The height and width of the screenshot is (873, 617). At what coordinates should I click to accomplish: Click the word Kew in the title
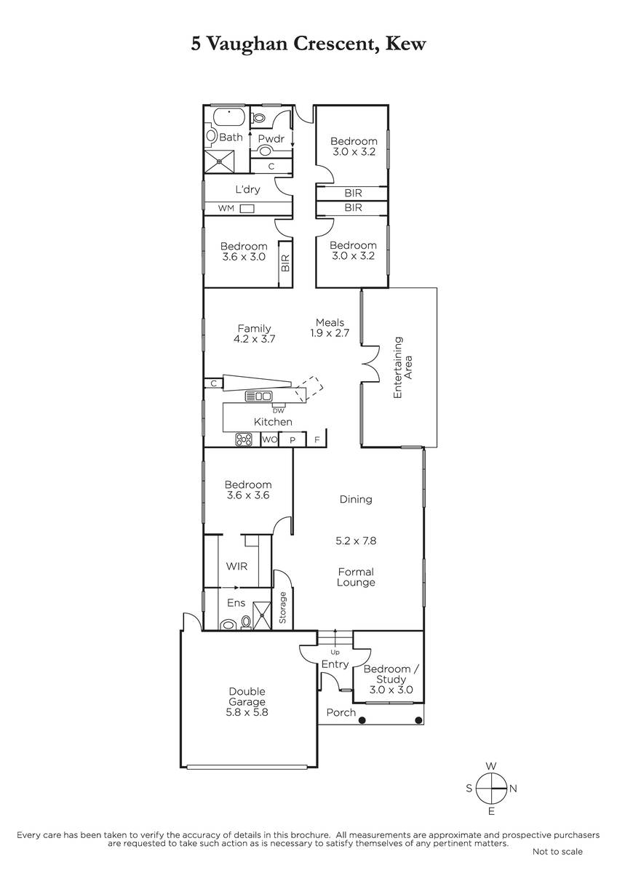pos(405,44)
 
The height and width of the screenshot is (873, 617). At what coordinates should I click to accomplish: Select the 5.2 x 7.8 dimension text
pos(356,541)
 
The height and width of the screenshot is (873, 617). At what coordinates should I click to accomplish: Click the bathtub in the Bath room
pos(230,116)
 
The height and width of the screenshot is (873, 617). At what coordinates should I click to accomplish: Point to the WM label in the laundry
pos(226,208)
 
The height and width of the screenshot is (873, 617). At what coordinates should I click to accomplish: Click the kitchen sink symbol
pos(258,396)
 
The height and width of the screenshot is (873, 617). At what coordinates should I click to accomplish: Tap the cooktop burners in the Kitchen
pos(244,439)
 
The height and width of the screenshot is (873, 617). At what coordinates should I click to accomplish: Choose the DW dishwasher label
pos(278,411)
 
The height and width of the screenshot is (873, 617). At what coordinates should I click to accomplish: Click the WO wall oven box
pos(269,439)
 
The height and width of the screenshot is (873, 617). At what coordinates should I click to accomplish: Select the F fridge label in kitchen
pos(317,440)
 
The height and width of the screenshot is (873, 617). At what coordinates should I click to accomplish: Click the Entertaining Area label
pos(402,367)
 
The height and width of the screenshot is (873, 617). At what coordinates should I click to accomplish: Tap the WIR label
pos(236,566)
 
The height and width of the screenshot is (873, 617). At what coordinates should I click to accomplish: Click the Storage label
pos(282,607)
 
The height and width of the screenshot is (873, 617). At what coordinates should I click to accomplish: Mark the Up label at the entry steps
pos(335,652)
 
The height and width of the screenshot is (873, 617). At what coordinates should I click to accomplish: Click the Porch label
pos(341,712)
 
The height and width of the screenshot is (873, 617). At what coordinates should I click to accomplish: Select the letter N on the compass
pos(513,789)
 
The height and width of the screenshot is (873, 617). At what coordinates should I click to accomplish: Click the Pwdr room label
pos(271,138)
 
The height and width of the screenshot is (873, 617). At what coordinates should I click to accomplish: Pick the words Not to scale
pos(557,852)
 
